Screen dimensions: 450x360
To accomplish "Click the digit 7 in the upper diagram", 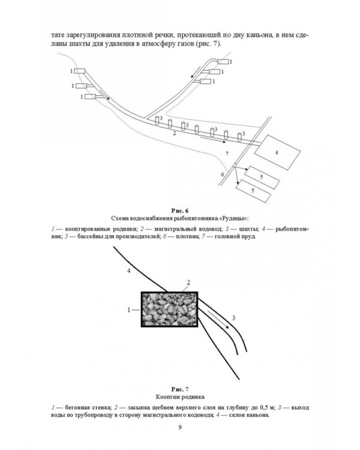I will (227, 155).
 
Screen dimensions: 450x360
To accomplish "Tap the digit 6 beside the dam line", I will (222, 174).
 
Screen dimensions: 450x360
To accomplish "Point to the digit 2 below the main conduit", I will (174, 134).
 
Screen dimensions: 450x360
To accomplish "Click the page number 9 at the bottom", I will (180, 428).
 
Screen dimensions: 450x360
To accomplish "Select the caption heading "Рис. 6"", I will (180, 210).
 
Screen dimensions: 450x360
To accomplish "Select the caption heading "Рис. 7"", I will (180, 389).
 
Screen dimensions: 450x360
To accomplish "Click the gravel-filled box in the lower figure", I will (169, 309).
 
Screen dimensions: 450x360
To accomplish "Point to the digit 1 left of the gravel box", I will (128, 310).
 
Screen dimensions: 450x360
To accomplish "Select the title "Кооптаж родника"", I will (180, 397).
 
